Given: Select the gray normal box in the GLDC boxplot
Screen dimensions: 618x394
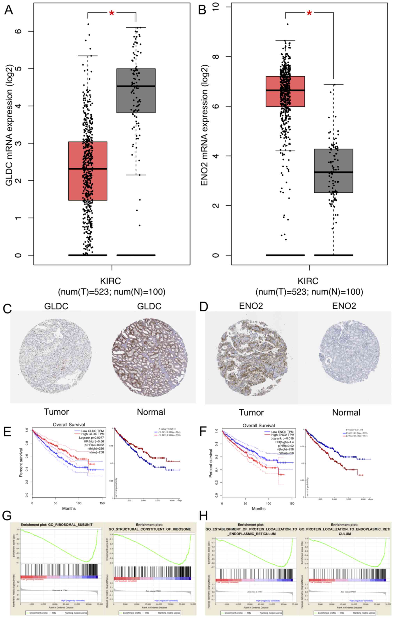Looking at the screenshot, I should [136, 91].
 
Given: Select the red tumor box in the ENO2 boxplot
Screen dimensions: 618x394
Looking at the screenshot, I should [285, 91].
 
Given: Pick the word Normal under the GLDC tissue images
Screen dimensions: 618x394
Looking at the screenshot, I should [151, 412].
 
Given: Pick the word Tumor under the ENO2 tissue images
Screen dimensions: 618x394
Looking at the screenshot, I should [251, 412].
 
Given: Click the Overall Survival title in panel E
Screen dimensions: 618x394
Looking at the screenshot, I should [69, 425].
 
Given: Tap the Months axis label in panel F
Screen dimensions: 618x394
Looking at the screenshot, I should [258, 508].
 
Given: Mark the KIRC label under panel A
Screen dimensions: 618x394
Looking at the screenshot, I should [111, 281].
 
